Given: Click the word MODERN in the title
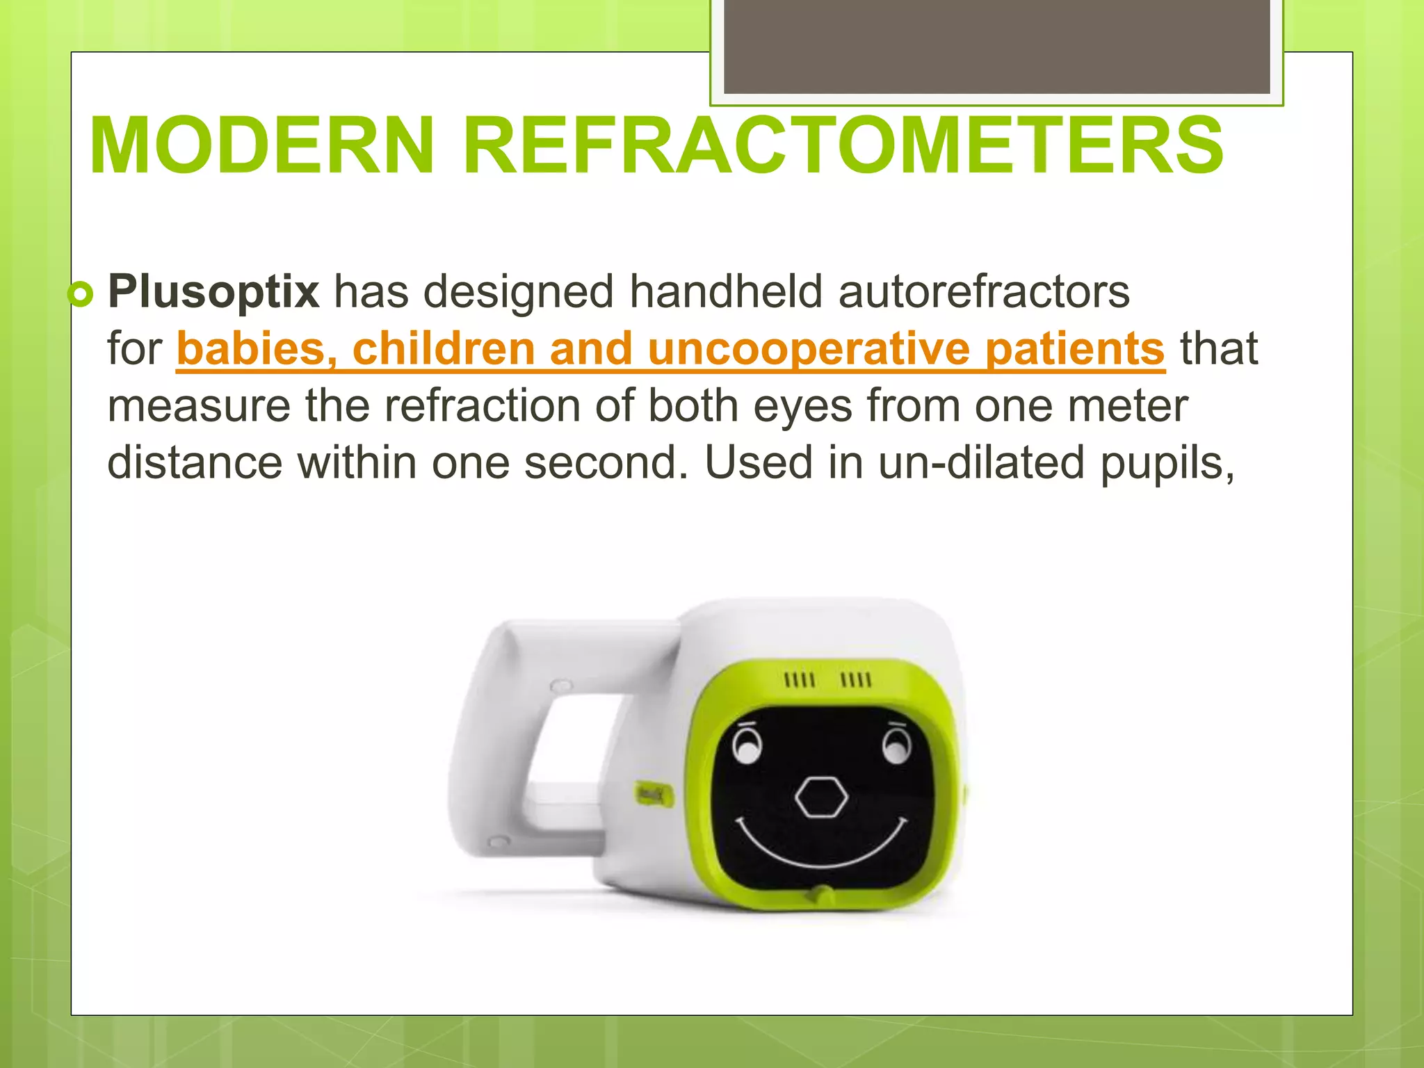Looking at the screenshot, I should pos(261,146).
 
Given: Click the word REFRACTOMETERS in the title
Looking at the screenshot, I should pos(843,146).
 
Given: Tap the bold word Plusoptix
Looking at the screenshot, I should pos(213,291).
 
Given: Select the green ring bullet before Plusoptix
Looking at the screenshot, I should pos(81,295).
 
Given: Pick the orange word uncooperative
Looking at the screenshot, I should pos(809,348).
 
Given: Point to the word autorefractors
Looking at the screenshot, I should pos(984,291).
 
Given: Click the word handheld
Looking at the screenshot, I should pos(726,291).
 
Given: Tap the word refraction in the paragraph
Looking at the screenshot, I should pos(483,405).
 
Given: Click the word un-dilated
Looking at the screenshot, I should pos(981,462).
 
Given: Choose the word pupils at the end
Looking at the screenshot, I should pos(1166,464).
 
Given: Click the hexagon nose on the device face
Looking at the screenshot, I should pos(822,797).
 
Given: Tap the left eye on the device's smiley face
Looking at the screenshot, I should pos(747,748).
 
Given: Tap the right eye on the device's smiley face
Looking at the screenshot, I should pos(896,747).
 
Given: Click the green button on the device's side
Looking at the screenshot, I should pos(654,793).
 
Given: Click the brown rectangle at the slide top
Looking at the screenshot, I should pos(996,46).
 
